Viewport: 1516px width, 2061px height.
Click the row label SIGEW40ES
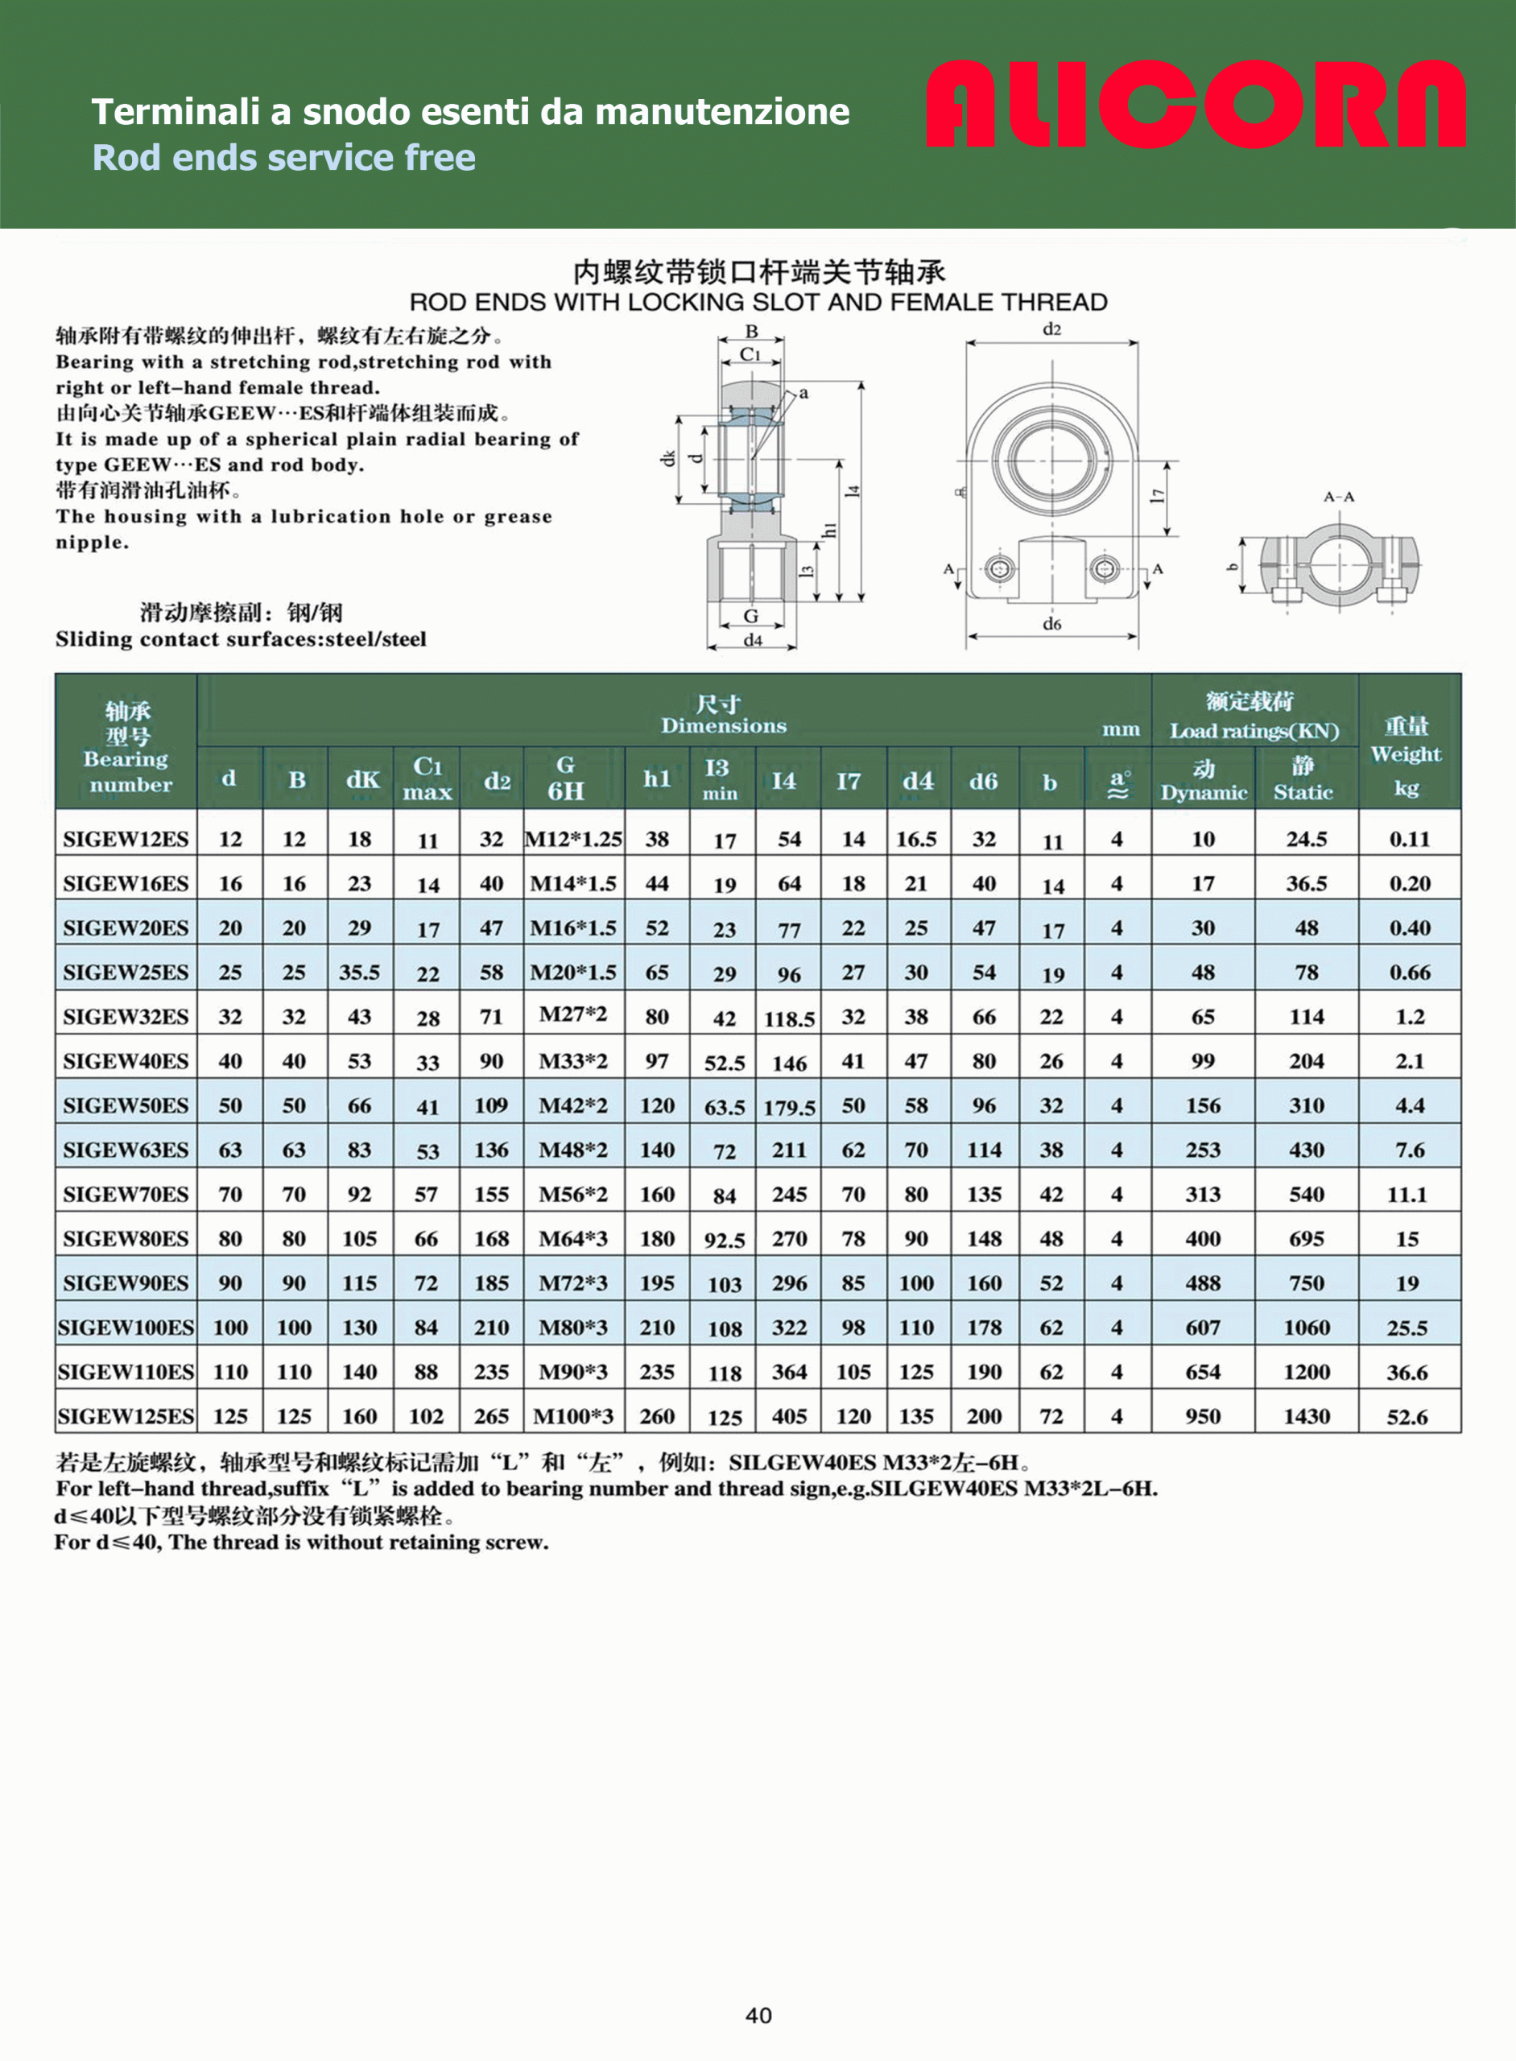coord(126,1062)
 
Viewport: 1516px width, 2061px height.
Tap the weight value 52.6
coord(1407,1417)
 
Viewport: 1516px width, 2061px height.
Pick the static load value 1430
coord(1306,1417)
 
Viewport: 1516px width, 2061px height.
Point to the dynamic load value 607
coord(1202,1328)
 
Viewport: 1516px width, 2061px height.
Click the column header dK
coord(361,780)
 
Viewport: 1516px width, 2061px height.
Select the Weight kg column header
coord(1406,756)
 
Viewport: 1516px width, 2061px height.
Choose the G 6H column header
coord(565,779)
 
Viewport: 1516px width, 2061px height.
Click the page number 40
coord(758,2015)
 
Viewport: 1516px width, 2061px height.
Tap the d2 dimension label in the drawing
coord(1051,329)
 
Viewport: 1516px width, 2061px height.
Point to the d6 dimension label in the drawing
coord(1051,624)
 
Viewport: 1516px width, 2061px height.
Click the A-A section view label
coord(1339,497)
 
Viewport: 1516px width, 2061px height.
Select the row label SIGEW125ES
coord(126,1417)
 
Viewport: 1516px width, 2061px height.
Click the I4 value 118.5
coord(789,1018)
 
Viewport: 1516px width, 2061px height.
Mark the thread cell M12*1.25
coord(573,839)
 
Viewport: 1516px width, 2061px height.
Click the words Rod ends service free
coord(283,158)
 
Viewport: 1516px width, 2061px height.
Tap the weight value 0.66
coord(1410,973)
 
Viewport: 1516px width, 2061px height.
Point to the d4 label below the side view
coord(753,639)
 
